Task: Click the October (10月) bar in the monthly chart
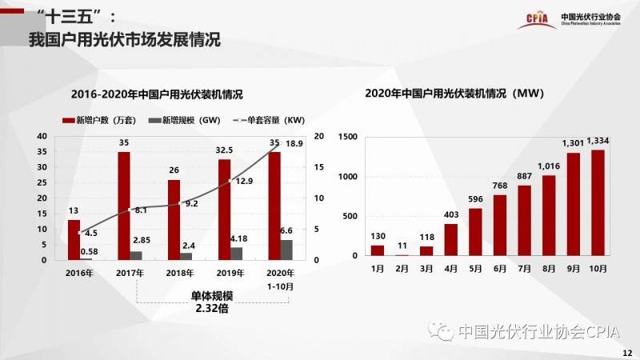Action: point(598,203)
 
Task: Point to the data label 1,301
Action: point(574,144)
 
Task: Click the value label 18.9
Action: point(294,144)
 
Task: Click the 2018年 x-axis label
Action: point(179,273)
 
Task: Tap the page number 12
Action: point(626,352)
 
